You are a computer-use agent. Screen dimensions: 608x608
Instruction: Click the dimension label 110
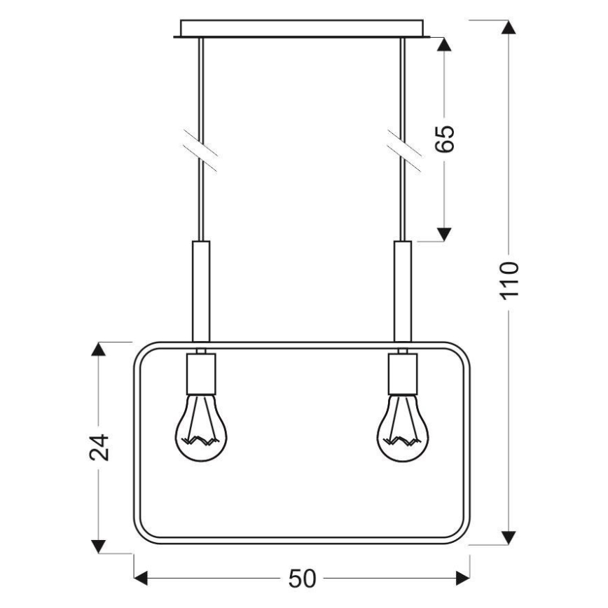509,280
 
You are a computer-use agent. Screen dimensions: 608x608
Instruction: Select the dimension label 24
101,447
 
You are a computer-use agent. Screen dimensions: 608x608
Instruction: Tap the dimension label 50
302,579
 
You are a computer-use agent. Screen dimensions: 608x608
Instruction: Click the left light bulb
200,428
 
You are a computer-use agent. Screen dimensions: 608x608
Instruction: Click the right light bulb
403,428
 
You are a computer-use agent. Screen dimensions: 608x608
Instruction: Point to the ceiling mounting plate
302,28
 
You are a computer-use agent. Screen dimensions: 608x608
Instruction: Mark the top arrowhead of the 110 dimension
509,28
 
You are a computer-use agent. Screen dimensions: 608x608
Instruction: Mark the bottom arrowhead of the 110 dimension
509,537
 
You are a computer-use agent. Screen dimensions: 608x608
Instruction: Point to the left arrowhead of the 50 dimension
141,579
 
